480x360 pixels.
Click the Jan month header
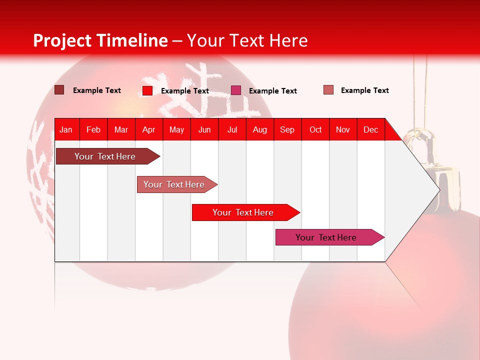point(66,129)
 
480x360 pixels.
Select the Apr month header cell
point(149,129)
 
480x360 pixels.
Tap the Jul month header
point(232,129)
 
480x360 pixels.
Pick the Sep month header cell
point(287,129)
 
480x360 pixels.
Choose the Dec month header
point(370,129)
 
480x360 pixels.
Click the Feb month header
point(93,129)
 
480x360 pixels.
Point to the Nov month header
point(343,129)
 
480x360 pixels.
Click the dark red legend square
point(59,90)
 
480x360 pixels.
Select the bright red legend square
point(147,90)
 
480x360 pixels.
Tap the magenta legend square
point(236,90)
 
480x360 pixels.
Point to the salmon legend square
point(328,90)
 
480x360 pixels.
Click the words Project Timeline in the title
point(100,40)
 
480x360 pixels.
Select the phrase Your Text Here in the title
point(247,40)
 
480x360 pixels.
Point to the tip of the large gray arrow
point(438,189)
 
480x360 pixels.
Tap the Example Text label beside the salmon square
point(364,90)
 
